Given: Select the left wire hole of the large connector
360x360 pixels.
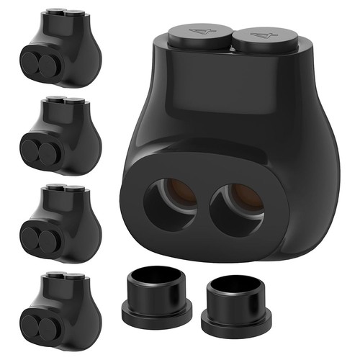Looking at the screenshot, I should coord(171,202).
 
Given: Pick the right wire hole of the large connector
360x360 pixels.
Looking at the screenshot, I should coord(237,209).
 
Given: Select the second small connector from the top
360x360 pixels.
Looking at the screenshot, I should coord(60,136).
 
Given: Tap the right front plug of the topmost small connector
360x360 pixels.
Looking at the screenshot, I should coord(48,66).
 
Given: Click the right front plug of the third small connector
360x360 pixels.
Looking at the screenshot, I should coord(48,240).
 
